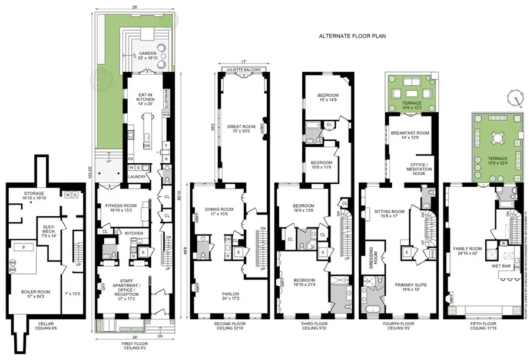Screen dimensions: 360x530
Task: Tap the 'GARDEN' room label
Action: click(x=144, y=54)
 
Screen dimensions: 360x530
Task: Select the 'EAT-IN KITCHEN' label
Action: click(x=146, y=97)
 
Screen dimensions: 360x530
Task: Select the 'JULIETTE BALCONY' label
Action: click(x=243, y=70)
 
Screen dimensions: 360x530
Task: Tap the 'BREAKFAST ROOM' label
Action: click(x=410, y=133)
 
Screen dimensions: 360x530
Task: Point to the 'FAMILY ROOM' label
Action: click(x=469, y=249)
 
